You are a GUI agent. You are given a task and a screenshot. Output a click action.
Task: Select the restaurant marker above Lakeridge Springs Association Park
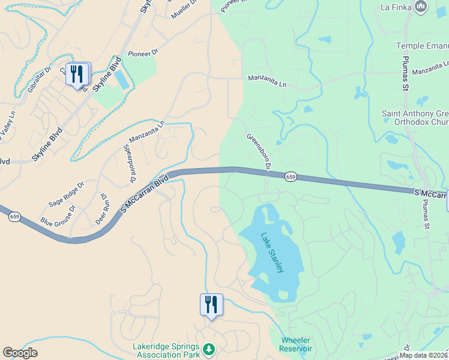point(211,304)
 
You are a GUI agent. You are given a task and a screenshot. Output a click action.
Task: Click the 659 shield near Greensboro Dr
point(291,176)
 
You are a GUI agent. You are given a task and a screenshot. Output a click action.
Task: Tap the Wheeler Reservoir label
point(296,344)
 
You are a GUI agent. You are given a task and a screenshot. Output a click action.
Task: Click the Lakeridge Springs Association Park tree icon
point(209,349)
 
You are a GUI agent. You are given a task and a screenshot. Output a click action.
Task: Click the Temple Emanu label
point(422,46)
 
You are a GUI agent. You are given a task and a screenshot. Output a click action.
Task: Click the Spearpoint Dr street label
point(128,164)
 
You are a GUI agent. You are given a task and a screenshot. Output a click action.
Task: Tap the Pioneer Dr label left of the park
point(143,53)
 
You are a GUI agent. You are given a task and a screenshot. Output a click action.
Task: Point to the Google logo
point(20,353)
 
